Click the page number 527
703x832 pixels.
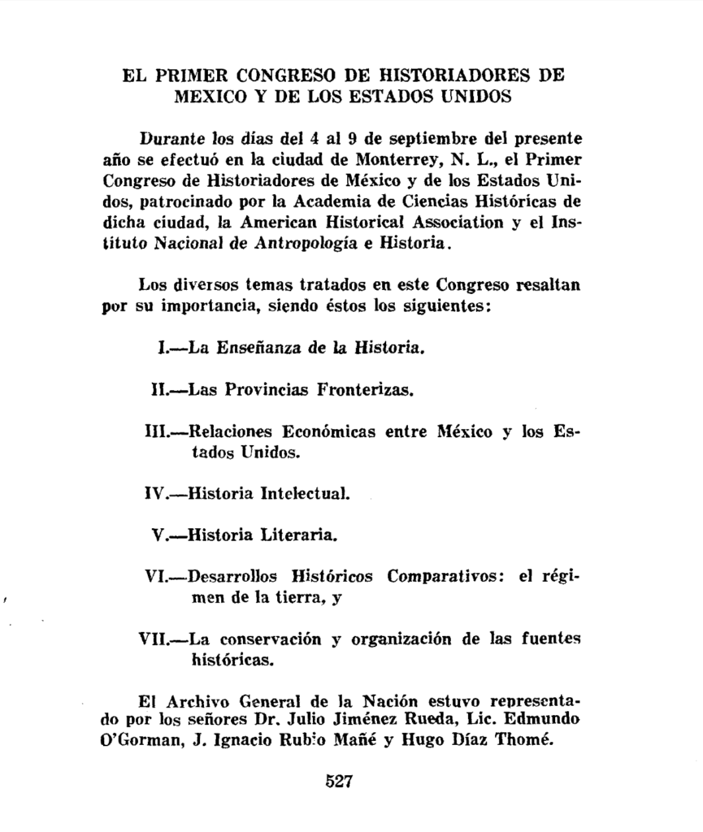pyautogui.click(x=338, y=782)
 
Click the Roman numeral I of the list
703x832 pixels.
pyautogui.click(x=161, y=349)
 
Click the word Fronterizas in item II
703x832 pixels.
pyautogui.click(x=368, y=390)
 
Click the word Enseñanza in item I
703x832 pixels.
pyautogui.click(x=243, y=349)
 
